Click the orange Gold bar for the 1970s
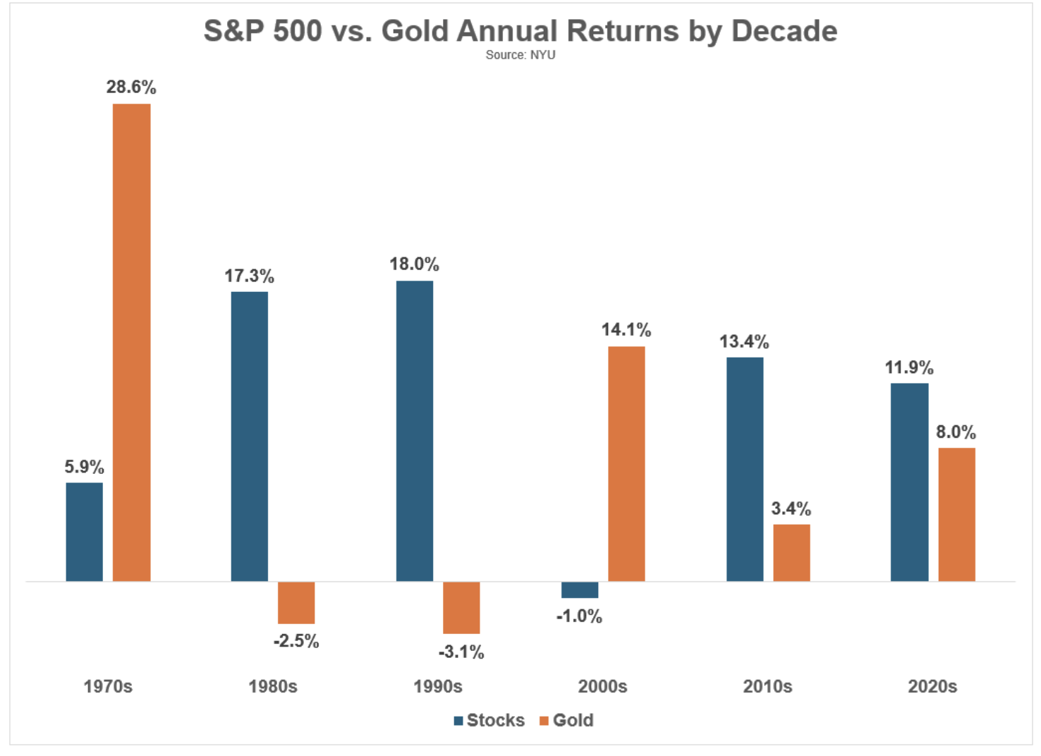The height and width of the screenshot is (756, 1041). pyautogui.click(x=131, y=343)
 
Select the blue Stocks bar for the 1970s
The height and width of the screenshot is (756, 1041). pyautogui.click(x=84, y=532)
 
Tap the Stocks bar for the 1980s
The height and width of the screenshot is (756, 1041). pyautogui.click(x=250, y=437)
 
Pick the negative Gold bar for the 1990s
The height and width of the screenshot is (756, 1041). pyautogui.click(x=461, y=607)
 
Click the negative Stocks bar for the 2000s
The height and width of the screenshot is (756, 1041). pyautogui.click(x=580, y=590)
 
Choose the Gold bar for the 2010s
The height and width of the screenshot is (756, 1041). pyautogui.click(x=792, y=553)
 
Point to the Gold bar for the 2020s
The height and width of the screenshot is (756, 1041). pyautogui.click(x=957, y=514)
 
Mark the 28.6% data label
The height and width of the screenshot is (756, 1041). pyautogui.click(x=131, y=87)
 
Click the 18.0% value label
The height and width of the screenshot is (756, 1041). pyautogui.click(x=415, y=264)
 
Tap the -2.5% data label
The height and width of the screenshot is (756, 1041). pyautogui.click(x=296, y=641)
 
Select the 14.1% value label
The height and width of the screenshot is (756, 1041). pyautogui.click(x=626, y=330)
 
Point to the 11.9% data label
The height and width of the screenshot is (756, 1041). pyautogui.click(x=910, y=367)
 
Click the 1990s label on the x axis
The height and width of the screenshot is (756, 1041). pyautogui.click(x=438, y=687)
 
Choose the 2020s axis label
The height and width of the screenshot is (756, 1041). pyautogui.click(x=932, y=687)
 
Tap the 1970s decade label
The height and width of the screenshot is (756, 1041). pyautogui.click(x=108, y=687)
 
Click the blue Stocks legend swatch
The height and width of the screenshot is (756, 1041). pyautogui.click(x=458, y=721)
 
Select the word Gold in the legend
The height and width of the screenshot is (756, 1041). pyautogui.click(x=573, y=720)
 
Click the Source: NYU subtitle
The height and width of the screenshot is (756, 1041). pyautogui.click(x=520, y=55)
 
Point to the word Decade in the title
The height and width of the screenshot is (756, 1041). pyautogui.click(x=784, y=31)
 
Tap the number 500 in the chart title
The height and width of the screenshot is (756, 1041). pyautogui.click(x=298, y=31)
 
